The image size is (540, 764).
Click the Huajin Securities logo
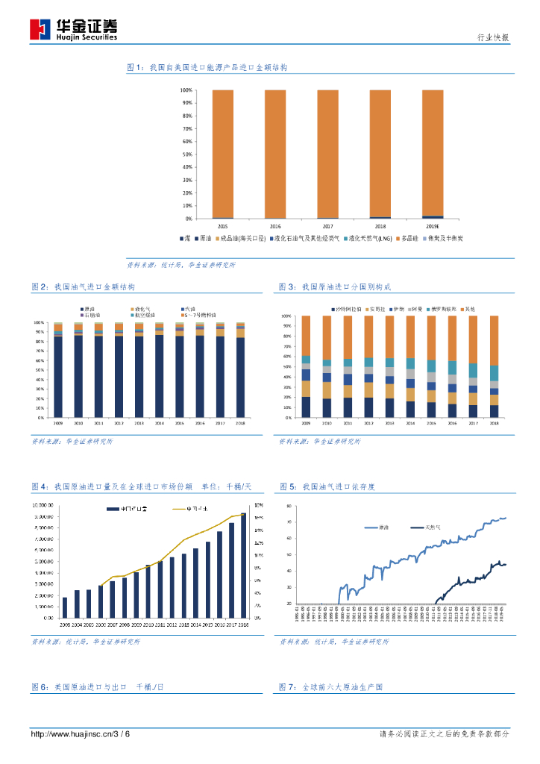pyautogui.click(x=72, y=29)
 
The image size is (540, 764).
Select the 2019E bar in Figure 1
pyautogui.click(x=433, y=154)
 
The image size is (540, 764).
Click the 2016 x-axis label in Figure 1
pyautogui.click(x=275, y=225)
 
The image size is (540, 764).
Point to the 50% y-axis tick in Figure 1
pyautogui.click(x=186, y=154)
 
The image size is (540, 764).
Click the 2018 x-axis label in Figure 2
pyautogui.click(x=240, y=422)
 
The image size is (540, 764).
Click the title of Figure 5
pyautogui.click(x=327, y=486)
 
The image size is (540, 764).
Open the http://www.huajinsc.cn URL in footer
pyautogui.click(x=70, y=735)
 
